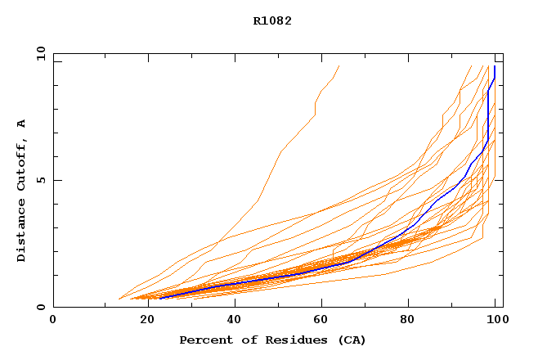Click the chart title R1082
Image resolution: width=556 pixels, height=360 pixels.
(272, 20)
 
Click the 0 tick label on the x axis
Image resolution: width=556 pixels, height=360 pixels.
(53, 320)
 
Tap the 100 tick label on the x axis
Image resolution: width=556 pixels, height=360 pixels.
(497, 320)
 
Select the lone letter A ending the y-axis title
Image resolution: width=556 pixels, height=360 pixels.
(21, 124)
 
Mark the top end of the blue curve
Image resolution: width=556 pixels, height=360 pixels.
(494, 67)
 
